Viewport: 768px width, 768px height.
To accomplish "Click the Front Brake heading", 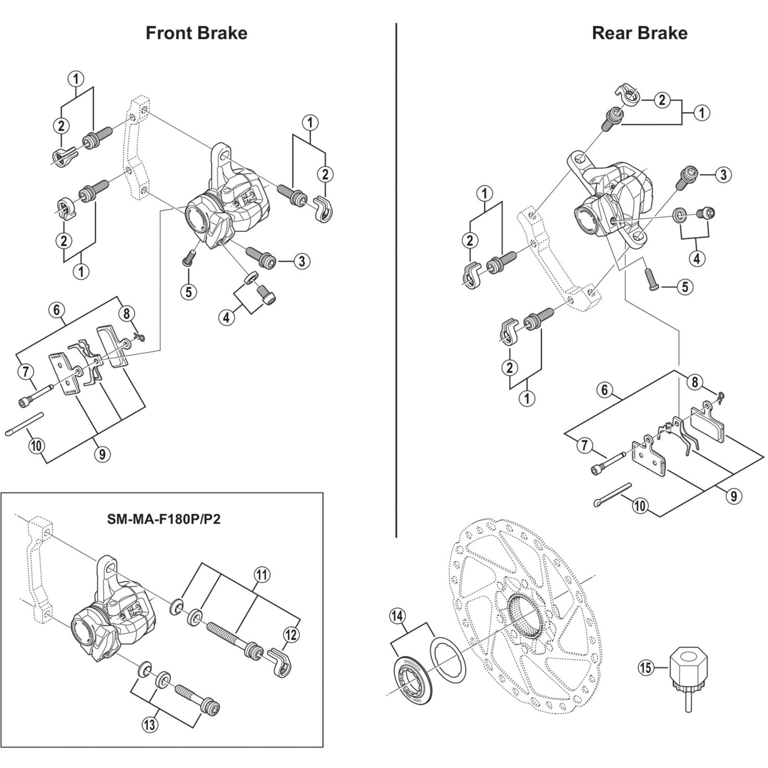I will pyautogui.click(x=196, y=33).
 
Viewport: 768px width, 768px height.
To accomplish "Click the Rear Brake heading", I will pyautogui.click(x=639, y=33).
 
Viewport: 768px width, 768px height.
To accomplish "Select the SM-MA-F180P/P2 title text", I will pyautogui.click(x=163, y=519).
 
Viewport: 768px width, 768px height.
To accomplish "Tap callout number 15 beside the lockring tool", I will pyautogui.click(x=646, y=667).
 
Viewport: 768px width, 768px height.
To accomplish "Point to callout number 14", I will pyautogui.click(x=397, y=617).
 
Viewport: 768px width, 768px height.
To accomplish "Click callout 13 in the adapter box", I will pyautogui.click(x=149, y=725).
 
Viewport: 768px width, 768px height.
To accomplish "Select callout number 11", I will pyautogui.click(x=262, y=575).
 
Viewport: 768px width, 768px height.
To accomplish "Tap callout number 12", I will pyautogui.click(x=291, y=635).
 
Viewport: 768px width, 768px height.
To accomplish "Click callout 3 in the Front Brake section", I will pyautogui.click(x=302, y=261).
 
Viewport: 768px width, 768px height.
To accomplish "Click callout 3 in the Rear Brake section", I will pyautogui.click(x=723, y=174).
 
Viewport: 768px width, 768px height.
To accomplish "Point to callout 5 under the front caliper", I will pyautogui.click(x=189, y=292).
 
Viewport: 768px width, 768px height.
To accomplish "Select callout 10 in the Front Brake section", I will pyautogui.click(x=36, y=445).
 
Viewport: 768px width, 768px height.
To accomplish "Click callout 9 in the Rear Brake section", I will pyautogui.click(x=733, y=496).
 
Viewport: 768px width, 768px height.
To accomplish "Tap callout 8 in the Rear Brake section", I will pyautogui.click(x=694, y=382).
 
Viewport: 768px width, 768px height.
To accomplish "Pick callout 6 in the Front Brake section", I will pyautogui.click(x=56, y=309).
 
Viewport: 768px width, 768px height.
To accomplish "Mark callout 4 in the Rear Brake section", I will pyautogui.click(x=696, y=259).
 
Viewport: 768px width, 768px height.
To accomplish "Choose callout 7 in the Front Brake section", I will pyautogui.click(x=26, y=372).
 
